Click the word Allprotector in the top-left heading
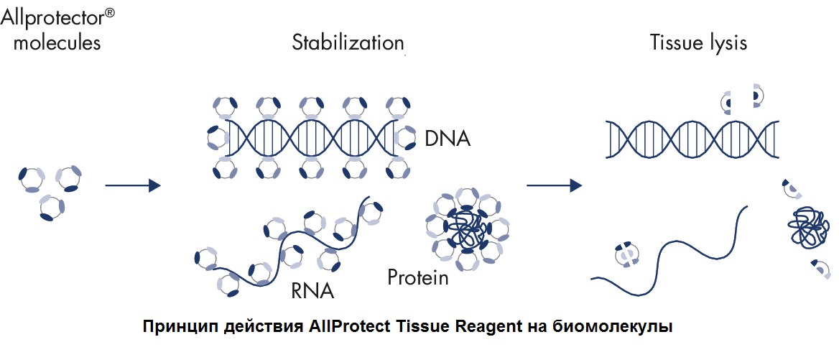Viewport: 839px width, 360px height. click(52, 18)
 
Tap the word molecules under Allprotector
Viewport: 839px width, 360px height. click(57, 42)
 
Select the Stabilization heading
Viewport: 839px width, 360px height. click(348, 42)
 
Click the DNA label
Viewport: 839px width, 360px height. click(448, 139)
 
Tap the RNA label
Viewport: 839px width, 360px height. click(312, 292)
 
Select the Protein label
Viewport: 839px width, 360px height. click(418, 277)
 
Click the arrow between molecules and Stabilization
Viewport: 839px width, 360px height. click(133, 185)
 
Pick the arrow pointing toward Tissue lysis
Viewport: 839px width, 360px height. click(555, 185)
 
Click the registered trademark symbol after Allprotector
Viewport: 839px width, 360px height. click(108, 13)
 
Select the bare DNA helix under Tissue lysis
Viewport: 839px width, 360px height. click(692, 139)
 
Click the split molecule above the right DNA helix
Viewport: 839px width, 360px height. click(742, 97)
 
